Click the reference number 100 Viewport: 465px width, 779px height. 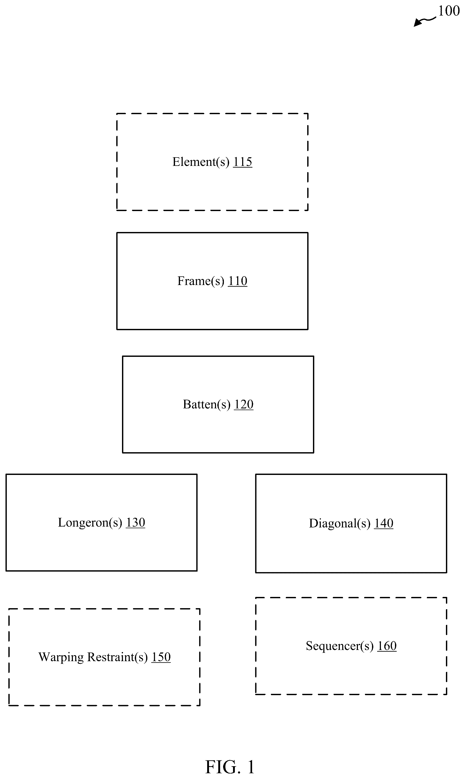pos(449,11)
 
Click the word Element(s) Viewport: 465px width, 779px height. pos(201,162)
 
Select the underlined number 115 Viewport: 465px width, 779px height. pos(242,162)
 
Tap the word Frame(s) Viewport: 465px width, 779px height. pos(201,281)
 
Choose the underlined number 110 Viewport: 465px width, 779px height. pos(237,281)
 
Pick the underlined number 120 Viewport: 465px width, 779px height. pos(244,404)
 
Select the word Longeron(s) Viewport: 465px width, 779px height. pos(90,523)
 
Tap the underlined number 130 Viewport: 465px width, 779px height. pos(135,522)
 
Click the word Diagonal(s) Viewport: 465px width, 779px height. pos(340,524)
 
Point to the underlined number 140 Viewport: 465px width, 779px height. pos(384,523)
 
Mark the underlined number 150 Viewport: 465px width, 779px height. pos(161,657)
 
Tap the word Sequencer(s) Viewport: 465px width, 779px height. pos(340,646)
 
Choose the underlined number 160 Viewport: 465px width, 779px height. pos(387,646)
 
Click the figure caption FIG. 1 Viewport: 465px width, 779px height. pos(230,767)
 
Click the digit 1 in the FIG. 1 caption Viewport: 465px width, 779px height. pos(251,767)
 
